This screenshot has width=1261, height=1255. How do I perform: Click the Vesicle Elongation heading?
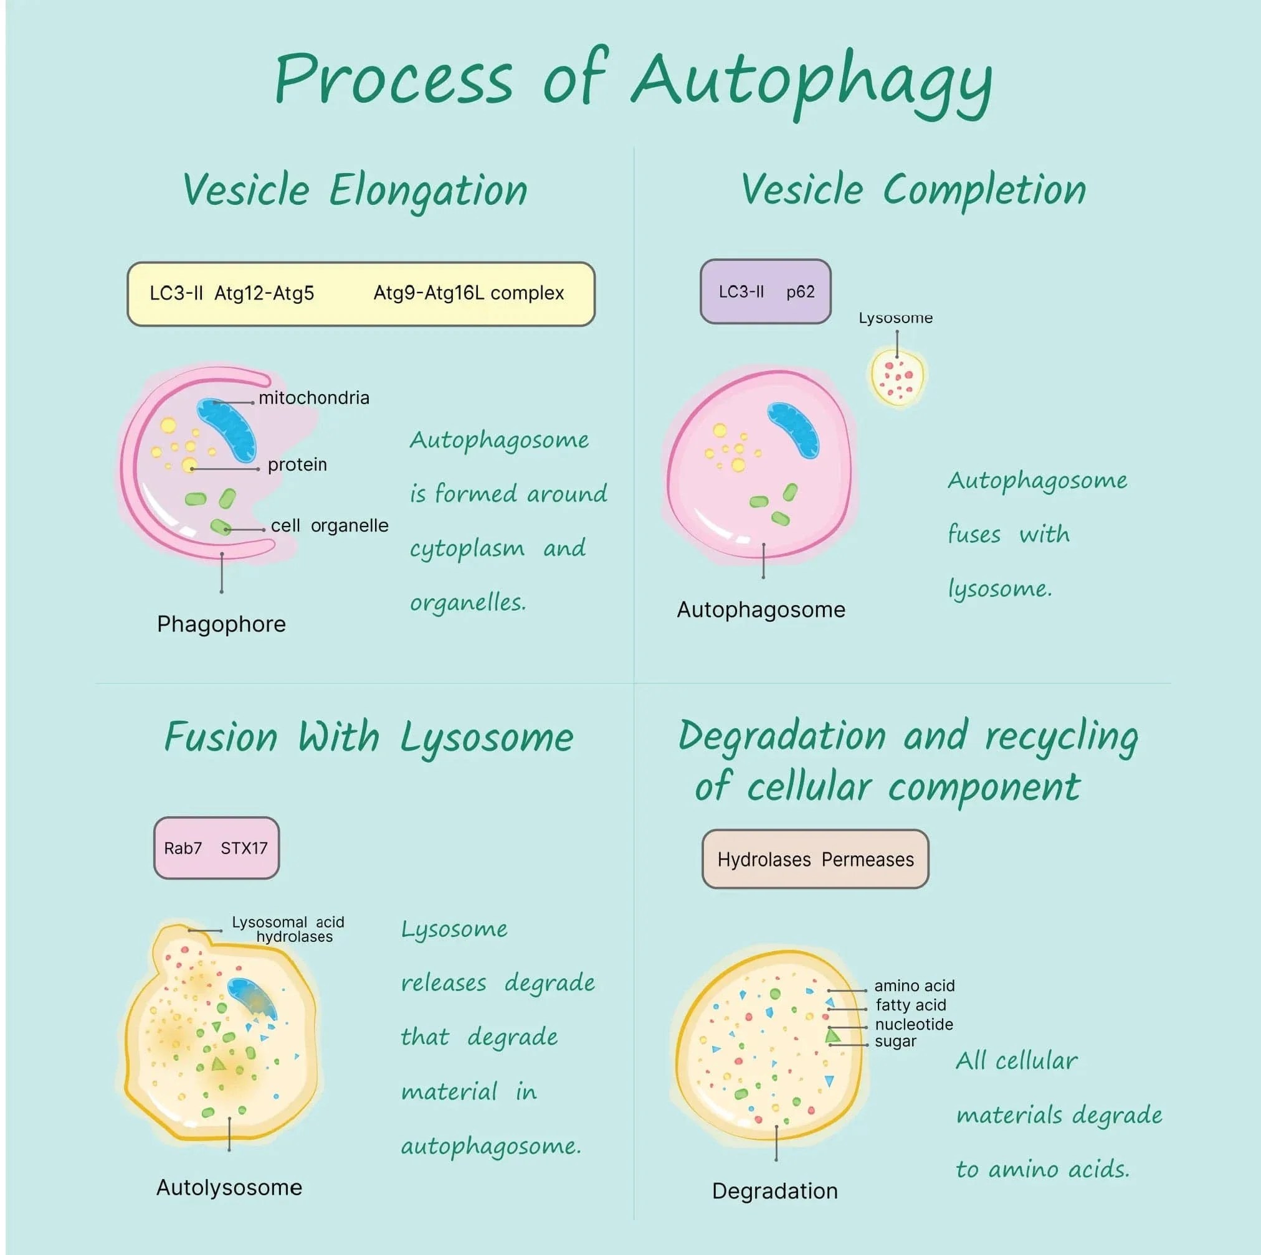[355, 190]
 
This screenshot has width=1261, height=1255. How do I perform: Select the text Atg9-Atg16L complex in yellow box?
[468, 294]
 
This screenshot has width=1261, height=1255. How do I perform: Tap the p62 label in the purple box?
[800, 291]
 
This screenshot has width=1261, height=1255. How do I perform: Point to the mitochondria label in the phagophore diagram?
[313, 398]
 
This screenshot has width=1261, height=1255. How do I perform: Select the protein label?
[297, 464]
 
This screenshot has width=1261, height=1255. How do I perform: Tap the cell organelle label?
[329, 526]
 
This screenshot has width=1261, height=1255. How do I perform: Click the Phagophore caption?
[221, 624]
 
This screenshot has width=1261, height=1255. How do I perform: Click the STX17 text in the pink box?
[244, 848]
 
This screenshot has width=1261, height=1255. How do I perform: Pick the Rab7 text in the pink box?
[182, 848]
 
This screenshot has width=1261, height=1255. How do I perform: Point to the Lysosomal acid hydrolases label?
[288, 929]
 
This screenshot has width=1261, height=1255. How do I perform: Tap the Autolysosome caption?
[229, 1187]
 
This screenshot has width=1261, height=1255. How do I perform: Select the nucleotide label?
[913, 1024]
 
